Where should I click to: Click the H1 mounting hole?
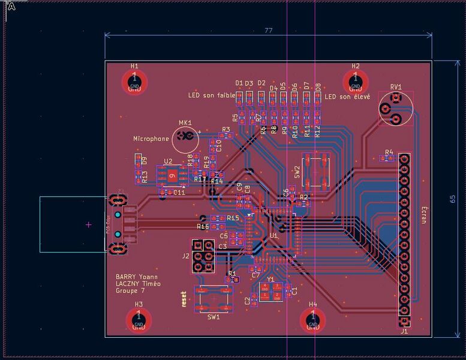coord(135,82)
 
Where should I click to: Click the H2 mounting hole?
coord(355,82)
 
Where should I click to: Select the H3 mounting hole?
coord(139,320)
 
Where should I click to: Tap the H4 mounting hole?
coord(312,320)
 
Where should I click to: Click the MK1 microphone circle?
coord(185,139)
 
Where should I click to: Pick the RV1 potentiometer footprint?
coord(396,109)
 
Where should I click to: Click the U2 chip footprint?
coord(172,175)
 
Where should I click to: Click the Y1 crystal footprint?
coord(270,292)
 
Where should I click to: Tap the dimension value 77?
coord(269,31)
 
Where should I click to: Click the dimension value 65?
coord(453,199)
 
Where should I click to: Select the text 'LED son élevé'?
coord(347,97)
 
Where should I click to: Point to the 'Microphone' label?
coord(151,139)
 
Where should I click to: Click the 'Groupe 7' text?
coord(130,291)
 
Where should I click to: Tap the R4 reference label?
coord(389,152)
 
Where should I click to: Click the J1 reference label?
coord(404,331)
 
